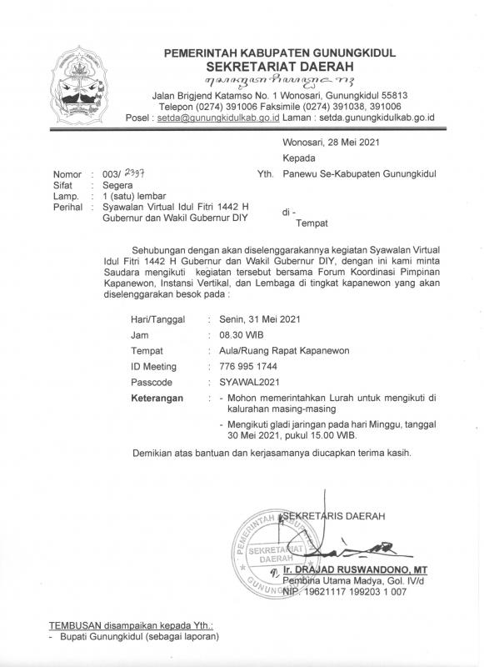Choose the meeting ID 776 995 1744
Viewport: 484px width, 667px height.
tap(247, 366)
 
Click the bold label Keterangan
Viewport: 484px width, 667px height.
tap(158, 399)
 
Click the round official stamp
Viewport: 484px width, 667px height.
tap(273, 553)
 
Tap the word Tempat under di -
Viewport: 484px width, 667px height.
tap(314, 223)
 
